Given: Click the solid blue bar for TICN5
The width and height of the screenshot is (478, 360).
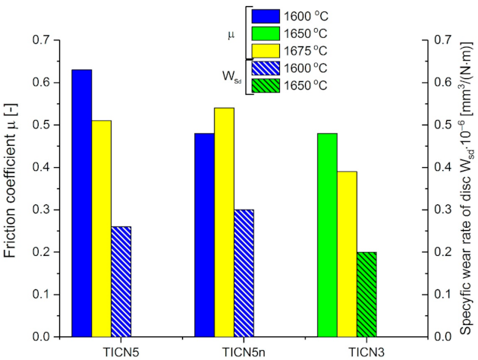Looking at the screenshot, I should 81,203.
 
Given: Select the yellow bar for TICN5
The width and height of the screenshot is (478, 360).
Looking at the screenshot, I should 101,228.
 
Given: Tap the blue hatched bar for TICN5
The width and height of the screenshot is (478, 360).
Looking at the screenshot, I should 121,281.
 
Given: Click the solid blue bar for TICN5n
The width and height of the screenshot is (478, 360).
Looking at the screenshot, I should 205,235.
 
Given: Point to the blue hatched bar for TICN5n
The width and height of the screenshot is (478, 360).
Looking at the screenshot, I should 244,273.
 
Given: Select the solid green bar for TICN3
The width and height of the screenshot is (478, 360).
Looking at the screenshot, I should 328,235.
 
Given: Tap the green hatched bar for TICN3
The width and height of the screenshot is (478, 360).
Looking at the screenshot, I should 366,294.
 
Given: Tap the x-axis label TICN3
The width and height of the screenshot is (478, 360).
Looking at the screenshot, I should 347,351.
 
